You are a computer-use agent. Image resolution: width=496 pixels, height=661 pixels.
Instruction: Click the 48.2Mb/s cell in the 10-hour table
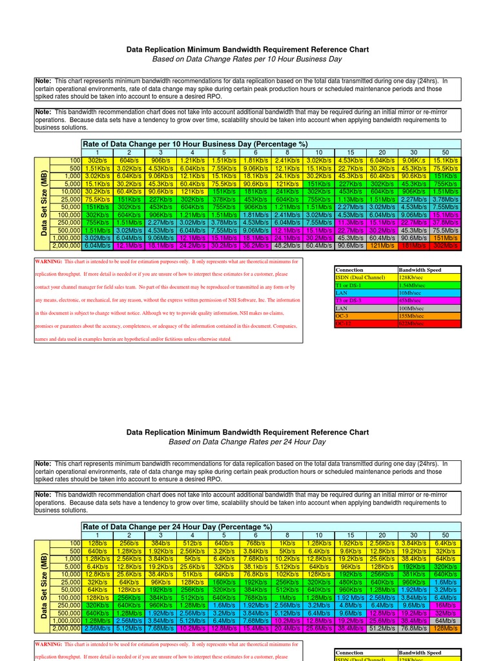(287, 245)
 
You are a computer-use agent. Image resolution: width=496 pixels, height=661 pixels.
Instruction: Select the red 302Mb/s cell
(446, 245)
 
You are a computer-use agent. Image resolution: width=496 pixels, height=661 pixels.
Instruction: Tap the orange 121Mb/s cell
(382, 245)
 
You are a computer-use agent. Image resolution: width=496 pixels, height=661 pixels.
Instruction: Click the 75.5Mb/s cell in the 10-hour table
(446, 229)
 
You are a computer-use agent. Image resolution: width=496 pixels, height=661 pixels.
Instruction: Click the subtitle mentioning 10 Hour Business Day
(247, 59)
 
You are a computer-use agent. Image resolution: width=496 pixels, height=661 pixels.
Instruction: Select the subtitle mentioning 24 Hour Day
(247, 442)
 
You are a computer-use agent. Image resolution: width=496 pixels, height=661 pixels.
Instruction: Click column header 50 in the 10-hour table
(446, 152)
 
